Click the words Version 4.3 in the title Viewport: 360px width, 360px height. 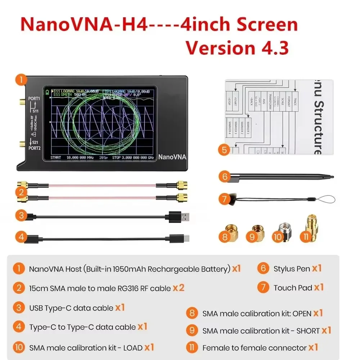click(237, 47)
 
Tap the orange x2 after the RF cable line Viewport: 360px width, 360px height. click(178, 288)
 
